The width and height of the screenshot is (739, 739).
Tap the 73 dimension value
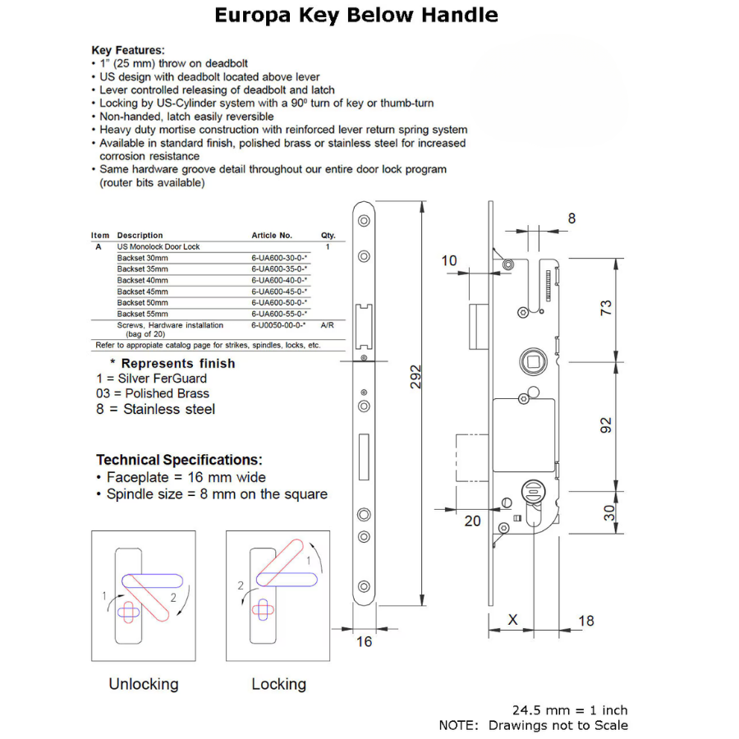606,309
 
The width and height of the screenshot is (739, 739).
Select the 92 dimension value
606,425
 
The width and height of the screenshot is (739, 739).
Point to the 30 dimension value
606,512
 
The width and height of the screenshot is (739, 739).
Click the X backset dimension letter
513,620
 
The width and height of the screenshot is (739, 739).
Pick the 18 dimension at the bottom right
585,620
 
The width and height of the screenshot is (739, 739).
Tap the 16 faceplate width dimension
364,641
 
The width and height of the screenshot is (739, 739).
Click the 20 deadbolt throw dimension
473,521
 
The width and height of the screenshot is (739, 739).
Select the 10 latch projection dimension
449,261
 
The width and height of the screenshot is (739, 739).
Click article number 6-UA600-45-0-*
279,291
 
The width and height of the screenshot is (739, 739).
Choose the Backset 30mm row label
142,258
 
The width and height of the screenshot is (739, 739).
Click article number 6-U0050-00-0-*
279,325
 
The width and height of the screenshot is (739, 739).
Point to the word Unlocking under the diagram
144,684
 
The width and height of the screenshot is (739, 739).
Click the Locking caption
279,684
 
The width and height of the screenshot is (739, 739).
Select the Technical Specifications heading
179,460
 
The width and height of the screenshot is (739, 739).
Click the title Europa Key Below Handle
356,16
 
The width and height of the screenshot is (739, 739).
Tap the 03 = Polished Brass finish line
152,393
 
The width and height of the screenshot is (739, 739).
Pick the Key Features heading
128,50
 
